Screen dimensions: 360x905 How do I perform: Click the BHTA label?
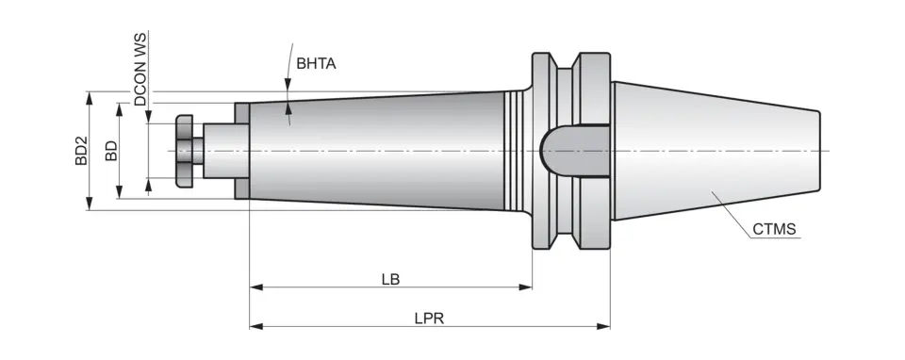pos(316,64)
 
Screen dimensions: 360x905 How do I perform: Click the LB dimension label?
pos(390,279)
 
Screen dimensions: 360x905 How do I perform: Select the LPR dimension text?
pos(428,319)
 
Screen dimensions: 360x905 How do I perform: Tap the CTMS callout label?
pos(775,229)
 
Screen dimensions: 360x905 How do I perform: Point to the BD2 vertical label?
pos(81,151)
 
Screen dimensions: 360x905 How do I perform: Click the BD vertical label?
pos(111,151)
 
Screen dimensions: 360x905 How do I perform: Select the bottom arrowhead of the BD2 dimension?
pos(90,205)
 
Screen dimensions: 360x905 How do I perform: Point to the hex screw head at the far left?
pos(185,151)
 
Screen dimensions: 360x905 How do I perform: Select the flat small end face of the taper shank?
pos(819,151)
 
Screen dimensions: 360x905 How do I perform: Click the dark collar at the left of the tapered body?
pos(242,151)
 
